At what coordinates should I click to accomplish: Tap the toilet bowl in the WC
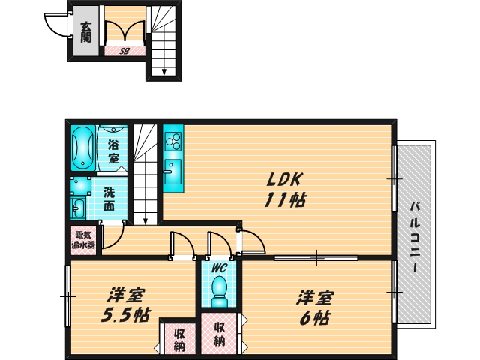click(219, 290)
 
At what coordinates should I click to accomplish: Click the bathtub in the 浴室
click(82, 148)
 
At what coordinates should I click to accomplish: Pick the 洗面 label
click(109, 198)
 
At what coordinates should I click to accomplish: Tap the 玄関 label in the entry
click(85, 31)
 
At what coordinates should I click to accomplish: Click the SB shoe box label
click(124, 51)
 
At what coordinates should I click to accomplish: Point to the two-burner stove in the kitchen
click(173, 141)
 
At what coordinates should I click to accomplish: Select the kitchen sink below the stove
click(172, 167)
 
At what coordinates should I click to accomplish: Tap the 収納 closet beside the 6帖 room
click(220, 334)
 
